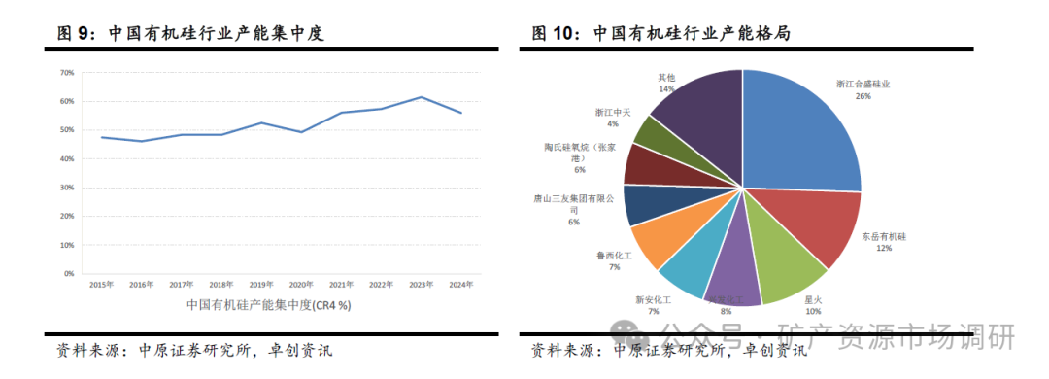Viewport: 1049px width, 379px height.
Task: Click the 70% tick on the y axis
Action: coord(66,73)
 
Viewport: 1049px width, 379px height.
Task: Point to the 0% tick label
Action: coord(68,274)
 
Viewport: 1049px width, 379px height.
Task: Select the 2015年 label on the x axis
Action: coord(100,285)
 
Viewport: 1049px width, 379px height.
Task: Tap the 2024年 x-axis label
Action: coord(461,285)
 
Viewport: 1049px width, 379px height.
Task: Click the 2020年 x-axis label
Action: coord(301,285)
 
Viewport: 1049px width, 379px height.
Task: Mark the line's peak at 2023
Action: coord(421,97)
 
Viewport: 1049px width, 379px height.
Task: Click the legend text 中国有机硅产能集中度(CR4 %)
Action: coord(268,305)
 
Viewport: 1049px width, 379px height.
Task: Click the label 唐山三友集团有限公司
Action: coord(574,203)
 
